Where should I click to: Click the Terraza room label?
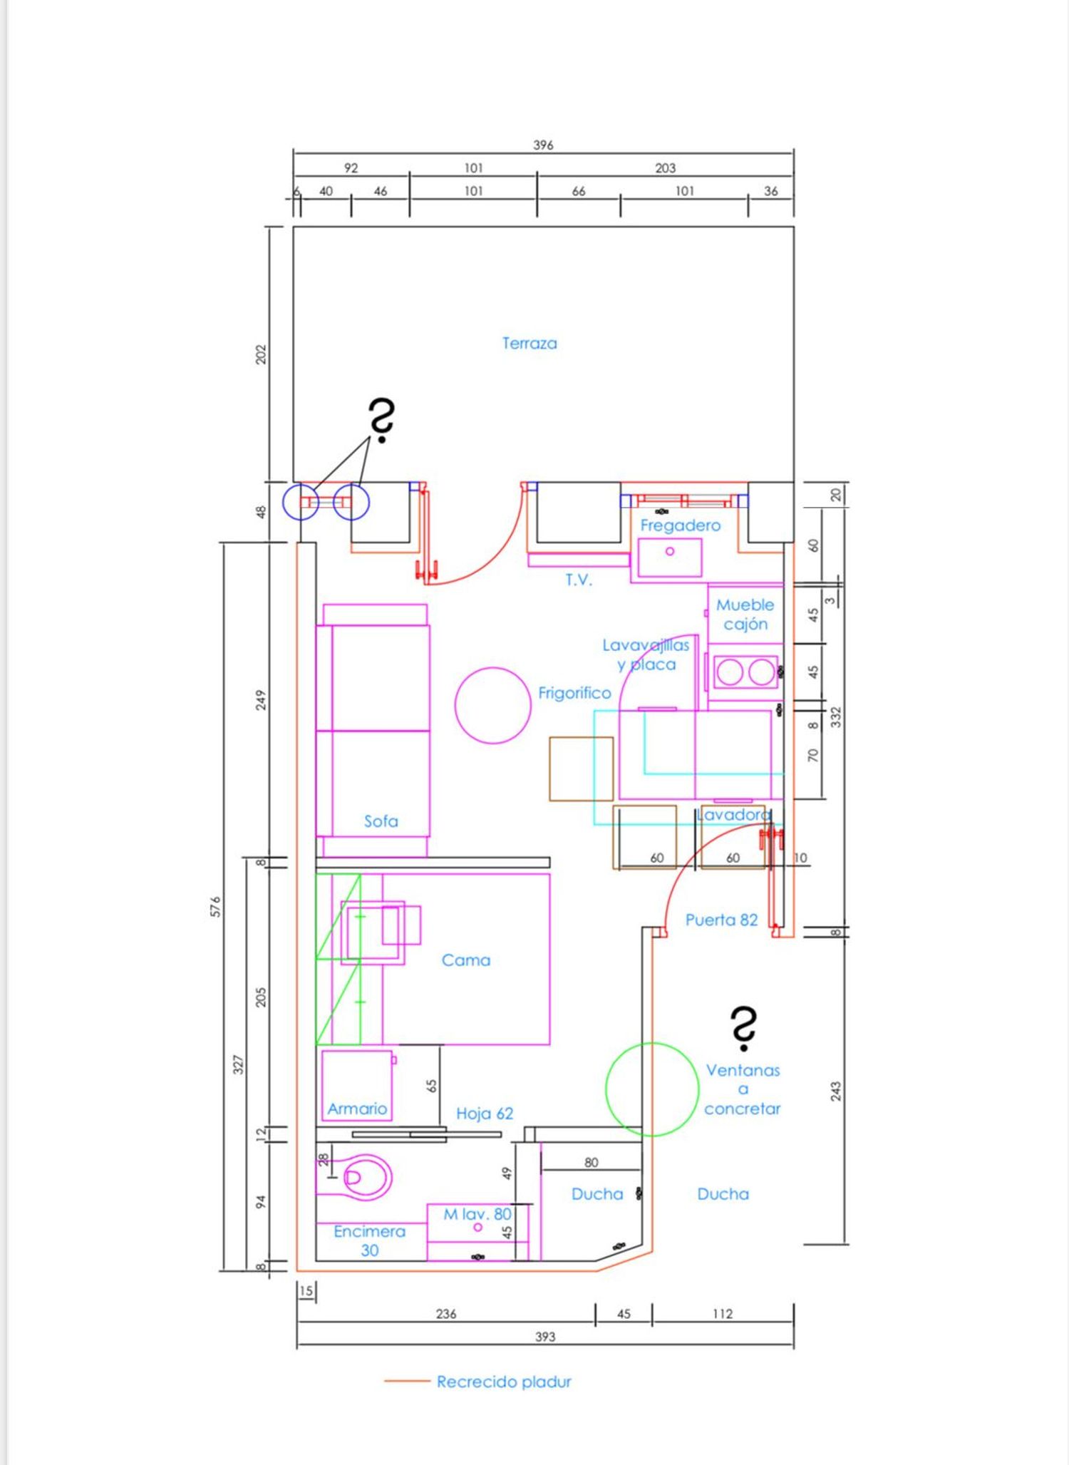530,343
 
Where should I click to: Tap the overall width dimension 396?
543,145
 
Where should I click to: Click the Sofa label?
381,821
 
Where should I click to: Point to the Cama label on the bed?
466,960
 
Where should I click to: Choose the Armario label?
357,1109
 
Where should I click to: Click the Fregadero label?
680,525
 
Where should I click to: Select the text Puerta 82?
721,920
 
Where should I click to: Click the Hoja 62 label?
485,1113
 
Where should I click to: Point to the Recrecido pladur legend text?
504,1382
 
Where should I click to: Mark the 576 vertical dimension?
216,906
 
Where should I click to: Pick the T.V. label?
579,580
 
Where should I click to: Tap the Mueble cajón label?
745,615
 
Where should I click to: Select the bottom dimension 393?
545,1337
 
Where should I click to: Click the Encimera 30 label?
369,1240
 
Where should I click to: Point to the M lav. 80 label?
477,1214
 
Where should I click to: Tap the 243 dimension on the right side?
836,1091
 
